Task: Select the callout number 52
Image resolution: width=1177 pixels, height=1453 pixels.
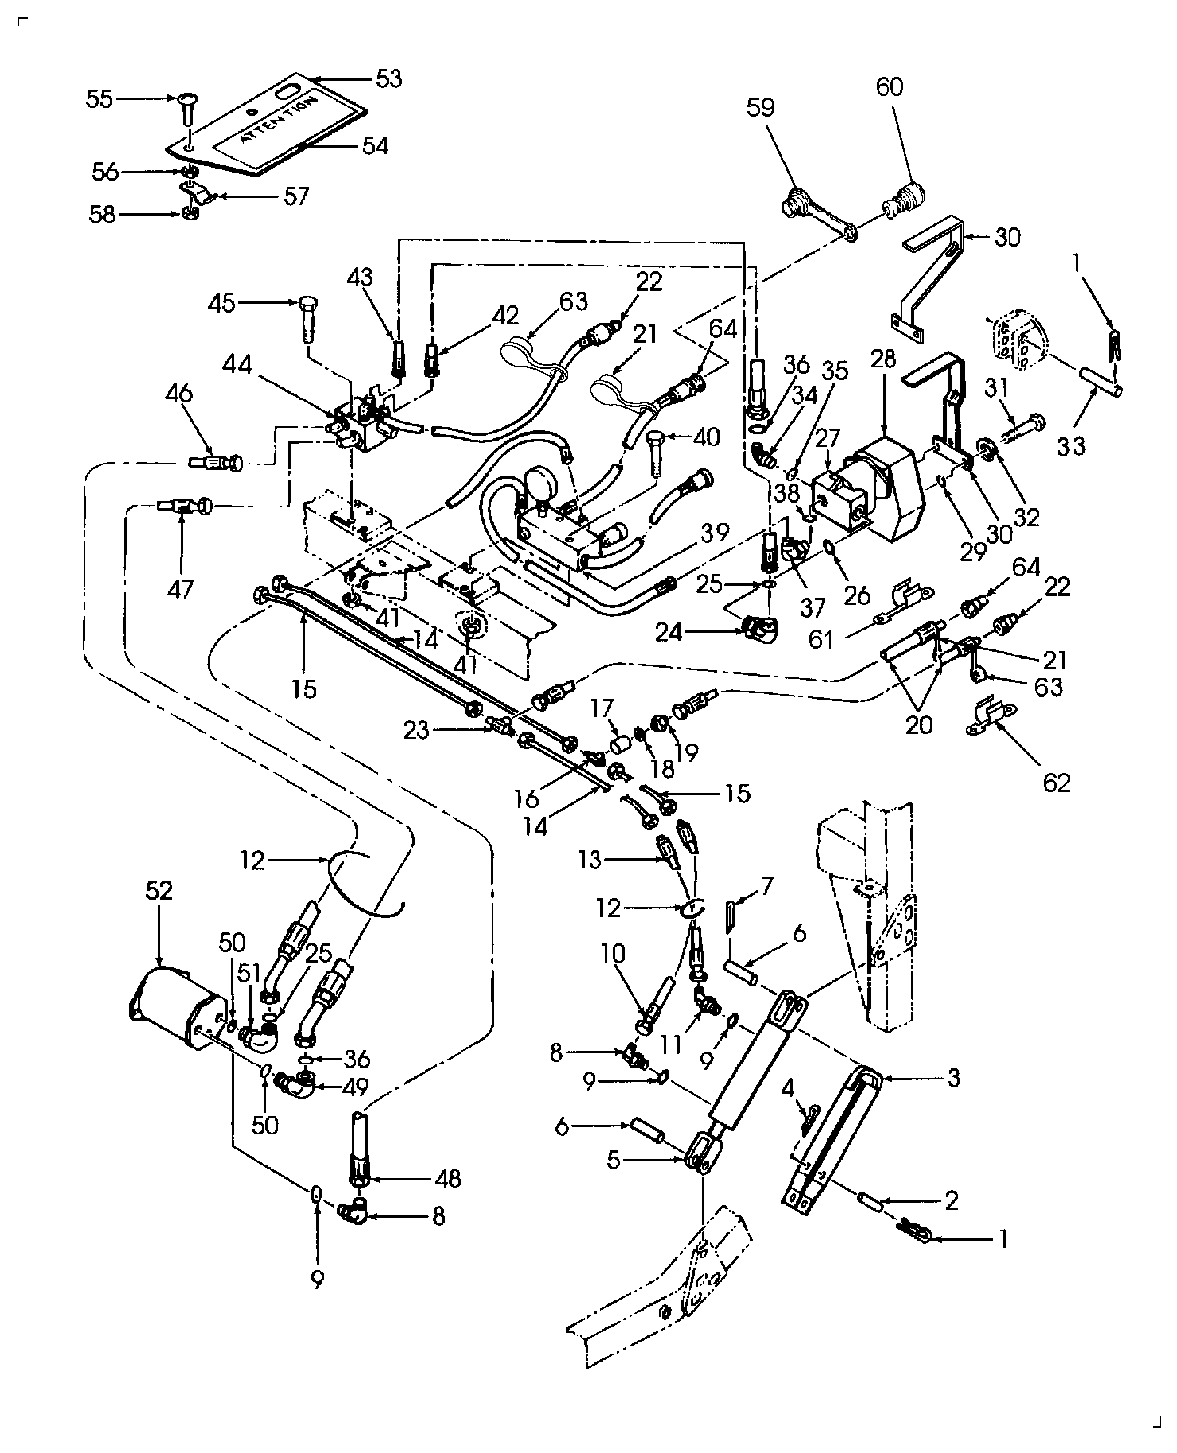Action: pos(159,890)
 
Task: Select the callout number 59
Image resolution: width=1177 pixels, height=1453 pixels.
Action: pos(761,108)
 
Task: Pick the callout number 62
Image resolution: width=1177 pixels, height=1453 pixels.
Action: pos(1056,783)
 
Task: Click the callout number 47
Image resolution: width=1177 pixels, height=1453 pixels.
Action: pos(180,589)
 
